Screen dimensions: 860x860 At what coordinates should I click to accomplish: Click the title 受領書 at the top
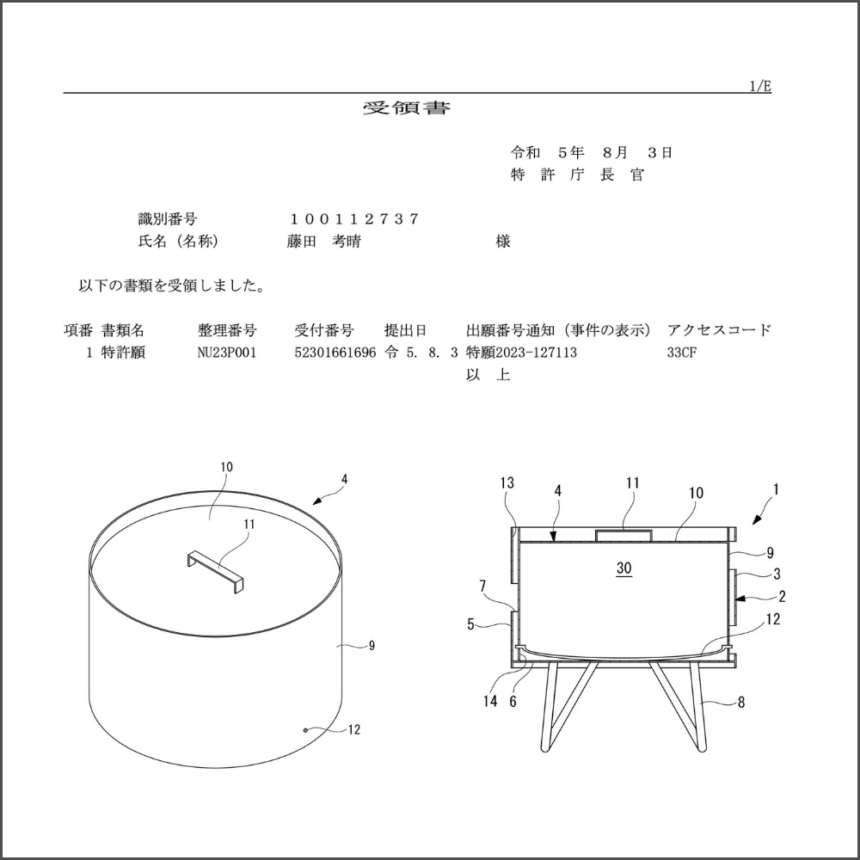tap(407, 107)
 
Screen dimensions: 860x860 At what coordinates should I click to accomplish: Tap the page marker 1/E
tap(760, 86)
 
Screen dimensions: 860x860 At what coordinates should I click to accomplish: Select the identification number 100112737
tap(354, 219)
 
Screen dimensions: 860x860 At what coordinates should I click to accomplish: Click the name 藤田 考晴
tap(324, 242)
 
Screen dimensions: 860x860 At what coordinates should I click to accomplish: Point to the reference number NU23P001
tap(226, 352)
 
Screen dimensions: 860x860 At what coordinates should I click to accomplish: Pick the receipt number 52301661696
tap(335, 352)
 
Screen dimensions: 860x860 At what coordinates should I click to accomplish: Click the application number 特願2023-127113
tap(521, 352)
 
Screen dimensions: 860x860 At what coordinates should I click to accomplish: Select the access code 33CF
tap(682, 352)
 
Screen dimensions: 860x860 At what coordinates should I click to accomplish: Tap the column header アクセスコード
tap(719, 330)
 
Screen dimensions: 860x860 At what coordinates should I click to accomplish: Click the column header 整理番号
tap(227, 330)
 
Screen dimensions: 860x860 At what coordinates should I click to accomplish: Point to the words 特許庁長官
tap(578, 175)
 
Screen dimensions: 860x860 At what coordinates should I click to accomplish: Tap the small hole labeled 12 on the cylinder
tap(305, 730)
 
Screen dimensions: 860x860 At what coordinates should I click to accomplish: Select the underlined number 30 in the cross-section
tap(624, 568)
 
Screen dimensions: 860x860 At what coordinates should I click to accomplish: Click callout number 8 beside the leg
tap(741, 702)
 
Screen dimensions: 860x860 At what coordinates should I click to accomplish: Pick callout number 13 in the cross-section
tap(507, 482)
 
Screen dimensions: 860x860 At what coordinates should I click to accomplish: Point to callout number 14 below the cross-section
tap(490, 701)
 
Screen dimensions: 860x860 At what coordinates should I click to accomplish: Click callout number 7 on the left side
tap(482, 587)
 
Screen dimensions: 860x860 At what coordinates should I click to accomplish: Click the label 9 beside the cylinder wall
tap(372, 646)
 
